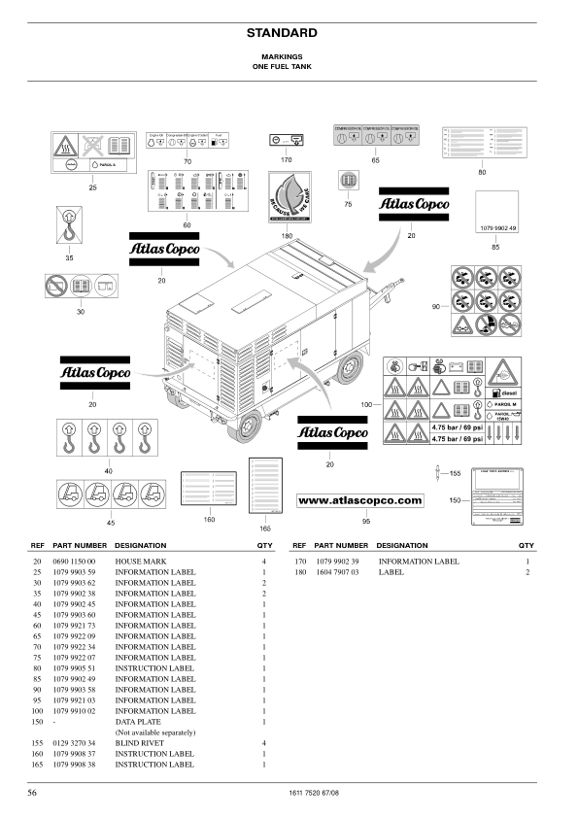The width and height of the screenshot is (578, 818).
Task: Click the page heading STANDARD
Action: click(289, 33)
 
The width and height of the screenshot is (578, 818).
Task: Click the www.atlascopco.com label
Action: click(359, 500)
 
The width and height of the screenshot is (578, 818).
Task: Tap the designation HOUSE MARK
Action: click(143, 562)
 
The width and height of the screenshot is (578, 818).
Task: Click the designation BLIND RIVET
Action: click(143, 742)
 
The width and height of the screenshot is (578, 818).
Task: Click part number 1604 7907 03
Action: click(339, 572)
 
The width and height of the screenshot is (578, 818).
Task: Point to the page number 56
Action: click(33, 794)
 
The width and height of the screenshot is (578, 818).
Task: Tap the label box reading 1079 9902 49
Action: click(501, 215)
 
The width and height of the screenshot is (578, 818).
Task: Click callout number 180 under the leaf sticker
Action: click(287, 236)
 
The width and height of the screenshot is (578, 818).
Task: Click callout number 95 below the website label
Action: click(366, 520)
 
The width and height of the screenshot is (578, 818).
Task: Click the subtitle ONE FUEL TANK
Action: click(289, 67)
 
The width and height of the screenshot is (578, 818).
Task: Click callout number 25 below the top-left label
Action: click(92, 186)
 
